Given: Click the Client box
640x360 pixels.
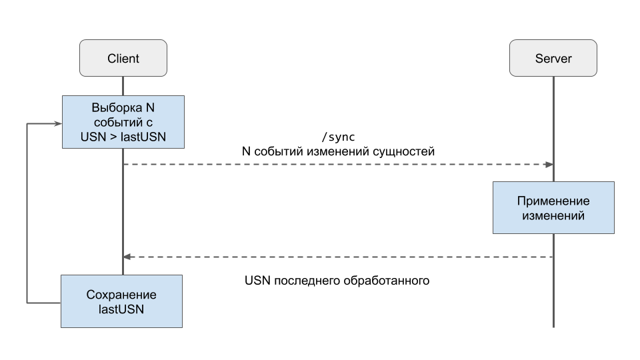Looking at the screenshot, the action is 123,58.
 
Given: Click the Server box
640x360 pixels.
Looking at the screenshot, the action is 553,58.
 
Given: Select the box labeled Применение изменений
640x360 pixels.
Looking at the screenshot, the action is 553,208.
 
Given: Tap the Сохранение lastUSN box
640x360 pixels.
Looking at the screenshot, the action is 121,301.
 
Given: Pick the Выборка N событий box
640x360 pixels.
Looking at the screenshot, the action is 123,122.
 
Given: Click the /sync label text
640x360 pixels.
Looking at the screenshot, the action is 339,137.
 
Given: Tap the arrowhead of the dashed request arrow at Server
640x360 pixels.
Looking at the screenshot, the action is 549,165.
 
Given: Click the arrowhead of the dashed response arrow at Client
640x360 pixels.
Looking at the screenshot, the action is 127,257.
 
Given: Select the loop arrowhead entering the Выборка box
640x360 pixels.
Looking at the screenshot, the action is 58,123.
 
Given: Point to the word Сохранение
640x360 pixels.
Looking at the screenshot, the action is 121,295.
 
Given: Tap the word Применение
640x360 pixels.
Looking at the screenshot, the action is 553,201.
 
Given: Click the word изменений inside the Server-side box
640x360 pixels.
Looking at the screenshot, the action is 553,215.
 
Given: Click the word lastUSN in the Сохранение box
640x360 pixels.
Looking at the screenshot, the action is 121,309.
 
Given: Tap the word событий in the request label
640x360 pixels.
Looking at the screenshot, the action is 279,151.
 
